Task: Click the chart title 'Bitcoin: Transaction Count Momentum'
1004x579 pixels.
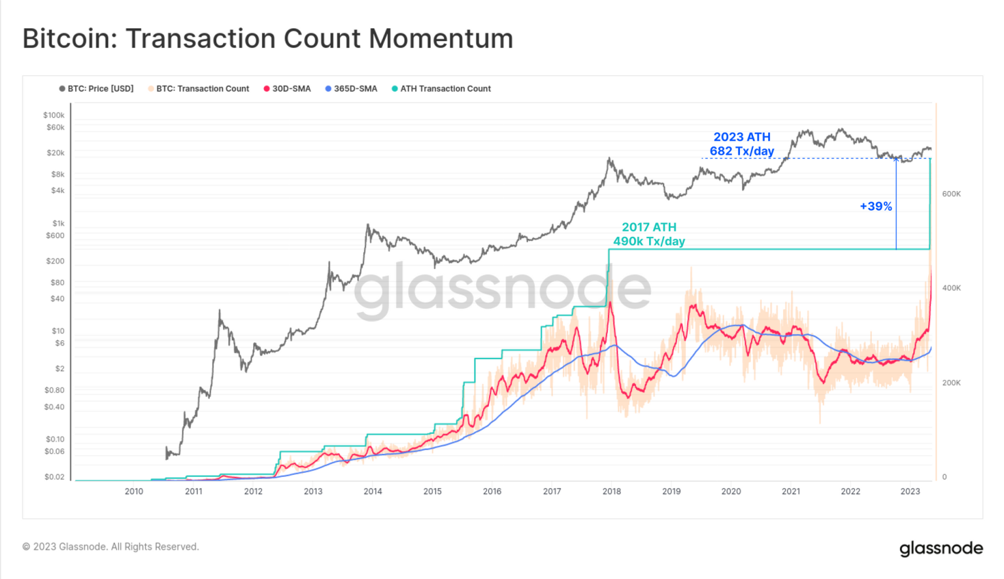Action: [267, 39]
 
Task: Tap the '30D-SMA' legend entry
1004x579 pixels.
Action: [288, 89]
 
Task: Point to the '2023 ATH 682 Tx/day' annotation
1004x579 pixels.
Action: [742, 144]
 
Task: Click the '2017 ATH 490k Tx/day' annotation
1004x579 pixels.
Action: [649, 234]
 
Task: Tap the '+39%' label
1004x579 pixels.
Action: [876, 206]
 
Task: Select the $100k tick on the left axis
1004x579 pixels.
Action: [54, 115]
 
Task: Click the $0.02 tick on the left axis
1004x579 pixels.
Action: [54, 477]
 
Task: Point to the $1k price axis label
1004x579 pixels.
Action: [58, 223]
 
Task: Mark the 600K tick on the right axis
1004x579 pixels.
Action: [951, 194]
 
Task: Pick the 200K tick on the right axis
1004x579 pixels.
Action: [951, 383]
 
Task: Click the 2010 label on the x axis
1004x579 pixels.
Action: [134, 491]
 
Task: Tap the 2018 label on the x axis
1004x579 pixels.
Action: [612, 491]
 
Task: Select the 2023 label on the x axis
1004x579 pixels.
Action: [910, 491]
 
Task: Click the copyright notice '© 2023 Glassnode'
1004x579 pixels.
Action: [110, 546]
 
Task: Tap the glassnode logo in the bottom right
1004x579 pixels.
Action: [941, 548]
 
